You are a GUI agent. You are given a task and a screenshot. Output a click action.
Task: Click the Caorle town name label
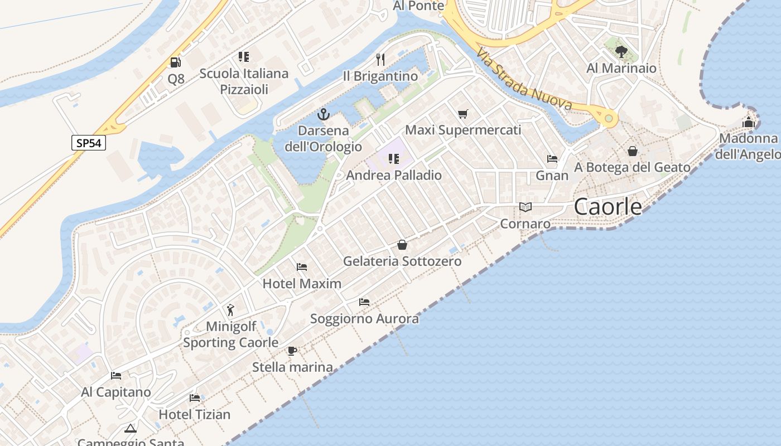click(608, 207)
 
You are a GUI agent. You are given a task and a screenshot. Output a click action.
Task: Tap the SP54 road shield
click(89, 143)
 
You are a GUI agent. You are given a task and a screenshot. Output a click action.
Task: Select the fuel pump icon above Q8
click(176, 62)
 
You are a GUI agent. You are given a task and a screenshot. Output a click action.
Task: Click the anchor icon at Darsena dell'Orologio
click(323, 115)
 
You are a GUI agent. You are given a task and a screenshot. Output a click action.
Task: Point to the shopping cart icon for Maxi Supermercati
click(462, 114)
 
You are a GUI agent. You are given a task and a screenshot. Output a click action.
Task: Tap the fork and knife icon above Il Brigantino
click(380, 60)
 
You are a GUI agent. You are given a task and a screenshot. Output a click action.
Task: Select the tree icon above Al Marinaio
click(621, 52)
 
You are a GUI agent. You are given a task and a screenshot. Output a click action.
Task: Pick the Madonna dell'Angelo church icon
click(748, 122)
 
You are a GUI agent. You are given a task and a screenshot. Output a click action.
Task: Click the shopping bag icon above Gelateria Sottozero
click(402, 245)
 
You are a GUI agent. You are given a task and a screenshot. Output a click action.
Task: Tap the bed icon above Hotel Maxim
click(302, 267)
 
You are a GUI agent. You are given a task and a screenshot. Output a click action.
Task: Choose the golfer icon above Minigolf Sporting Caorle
click(230, 309)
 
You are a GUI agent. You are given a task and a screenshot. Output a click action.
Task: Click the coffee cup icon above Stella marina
click(292, 351)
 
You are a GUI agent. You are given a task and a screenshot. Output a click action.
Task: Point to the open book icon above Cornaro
click(525, 207)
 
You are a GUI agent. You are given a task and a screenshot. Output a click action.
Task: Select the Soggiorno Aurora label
click(364, 319)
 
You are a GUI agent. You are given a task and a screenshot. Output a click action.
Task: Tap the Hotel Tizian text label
click(195, 414)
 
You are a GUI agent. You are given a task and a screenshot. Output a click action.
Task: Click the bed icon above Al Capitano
click(116, 376)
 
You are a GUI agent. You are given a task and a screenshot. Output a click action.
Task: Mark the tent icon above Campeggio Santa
click(131, 428)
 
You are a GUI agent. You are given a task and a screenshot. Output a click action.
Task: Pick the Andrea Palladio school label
click(394, 175)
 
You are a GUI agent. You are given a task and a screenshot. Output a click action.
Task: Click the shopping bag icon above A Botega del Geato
click(633, 151)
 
